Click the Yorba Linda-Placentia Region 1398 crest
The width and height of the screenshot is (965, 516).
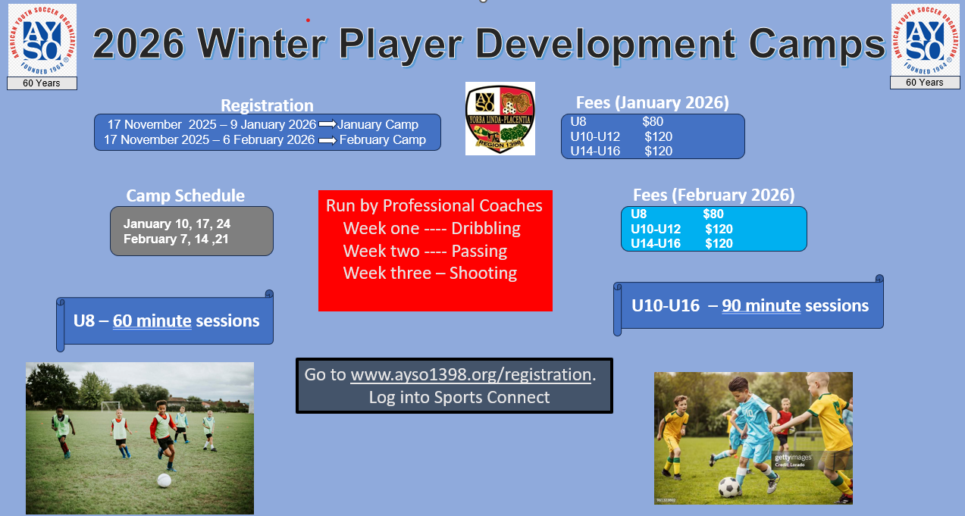[500, 118]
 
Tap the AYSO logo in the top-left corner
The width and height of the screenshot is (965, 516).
[42, 40]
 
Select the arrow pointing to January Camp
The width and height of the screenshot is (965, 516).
[327, 124]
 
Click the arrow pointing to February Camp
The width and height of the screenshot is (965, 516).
[327, 140]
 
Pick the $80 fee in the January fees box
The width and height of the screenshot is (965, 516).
[653, 121]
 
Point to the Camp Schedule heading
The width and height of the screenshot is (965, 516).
[185, 196]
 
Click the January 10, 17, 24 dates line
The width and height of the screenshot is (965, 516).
[177, 224]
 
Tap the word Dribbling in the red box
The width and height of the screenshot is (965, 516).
[485, 229]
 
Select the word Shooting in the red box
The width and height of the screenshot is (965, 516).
[483, 273]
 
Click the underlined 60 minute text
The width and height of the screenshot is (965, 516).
[152, 321]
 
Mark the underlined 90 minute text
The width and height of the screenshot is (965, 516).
[761, 306]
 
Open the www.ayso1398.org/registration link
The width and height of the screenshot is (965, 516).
[471, 375]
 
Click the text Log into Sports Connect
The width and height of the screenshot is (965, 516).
[459, 397]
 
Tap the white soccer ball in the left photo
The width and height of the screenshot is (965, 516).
[164, 480]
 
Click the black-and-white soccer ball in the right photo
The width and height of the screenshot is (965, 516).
[729, 487]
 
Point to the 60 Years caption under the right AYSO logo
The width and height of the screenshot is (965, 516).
[925, 83]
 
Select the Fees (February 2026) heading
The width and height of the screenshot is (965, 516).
[714, 195]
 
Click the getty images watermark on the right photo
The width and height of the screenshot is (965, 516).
[793, 458]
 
